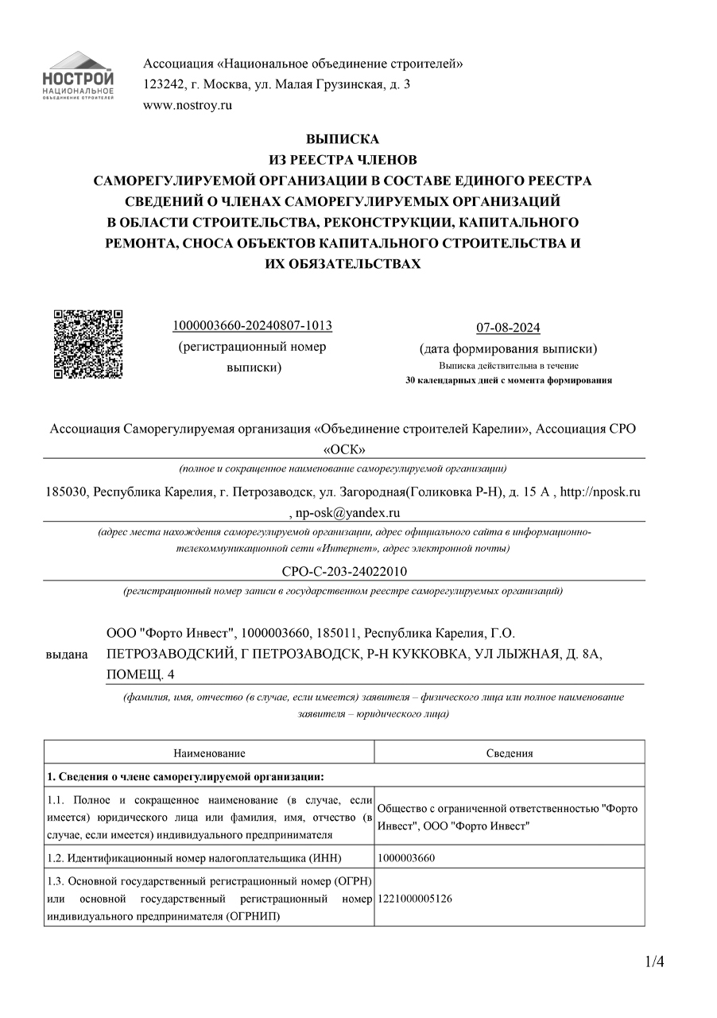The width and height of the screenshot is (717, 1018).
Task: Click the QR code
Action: point(88,344)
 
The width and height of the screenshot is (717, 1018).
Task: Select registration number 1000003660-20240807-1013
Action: point(252,326)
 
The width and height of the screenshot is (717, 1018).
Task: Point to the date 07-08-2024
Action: point(508,328)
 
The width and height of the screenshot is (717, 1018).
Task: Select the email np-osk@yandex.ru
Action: point(348,513)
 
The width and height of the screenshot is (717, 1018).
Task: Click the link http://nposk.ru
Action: point(600,492)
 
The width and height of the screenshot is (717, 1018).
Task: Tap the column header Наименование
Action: point(209,753)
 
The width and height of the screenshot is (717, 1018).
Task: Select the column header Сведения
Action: point(509,753)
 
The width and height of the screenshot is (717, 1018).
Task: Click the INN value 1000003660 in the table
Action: point(406,857)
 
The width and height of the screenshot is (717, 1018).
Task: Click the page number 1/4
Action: point(655,962)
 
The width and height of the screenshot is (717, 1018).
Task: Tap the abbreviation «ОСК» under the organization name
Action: point(343,449)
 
